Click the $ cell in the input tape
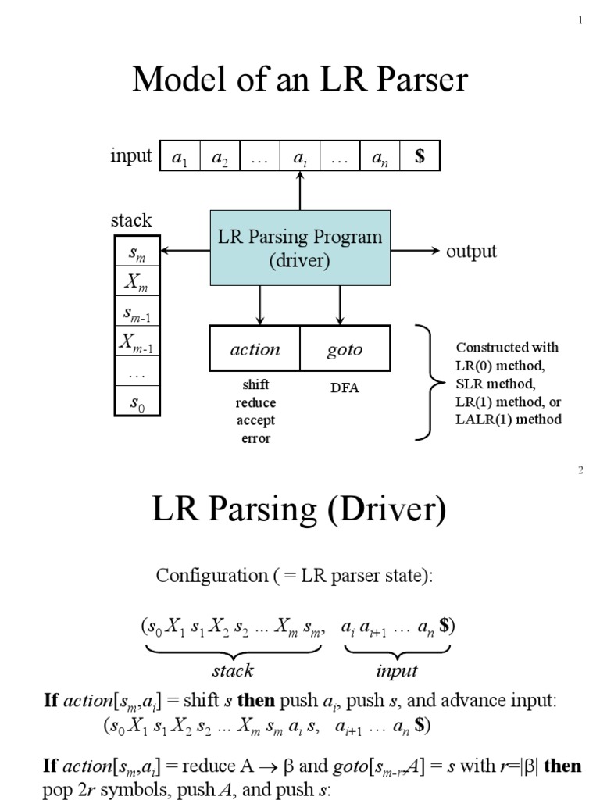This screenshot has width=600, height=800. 420,156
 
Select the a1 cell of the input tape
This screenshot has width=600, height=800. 180,156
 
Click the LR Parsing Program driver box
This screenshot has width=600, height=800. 301,248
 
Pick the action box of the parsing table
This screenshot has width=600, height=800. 255,348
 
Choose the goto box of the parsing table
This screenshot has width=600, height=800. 345,348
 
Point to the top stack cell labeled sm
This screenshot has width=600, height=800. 137,252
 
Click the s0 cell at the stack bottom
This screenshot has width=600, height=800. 137,402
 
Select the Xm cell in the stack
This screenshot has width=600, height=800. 137,281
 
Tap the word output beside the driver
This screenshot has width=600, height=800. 471,251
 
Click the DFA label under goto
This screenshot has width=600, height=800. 345,387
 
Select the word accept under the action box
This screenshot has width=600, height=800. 255,420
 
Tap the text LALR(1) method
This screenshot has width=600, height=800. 508,419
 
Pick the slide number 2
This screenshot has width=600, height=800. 580,470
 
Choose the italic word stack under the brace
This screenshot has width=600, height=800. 233,670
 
